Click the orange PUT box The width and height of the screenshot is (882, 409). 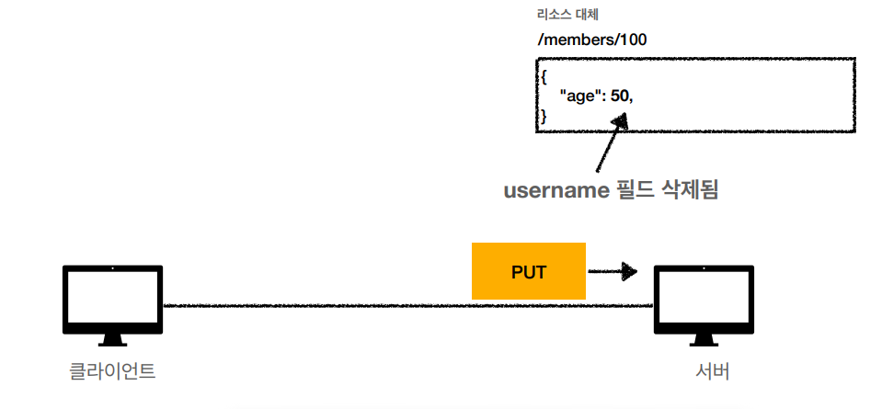point(528,271)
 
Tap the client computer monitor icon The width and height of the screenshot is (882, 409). point(112,301)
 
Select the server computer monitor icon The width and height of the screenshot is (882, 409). point(703,301)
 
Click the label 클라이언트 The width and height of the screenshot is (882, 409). point(112,371)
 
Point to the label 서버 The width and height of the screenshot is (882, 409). point(713,371)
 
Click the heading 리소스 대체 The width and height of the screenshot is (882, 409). point(563,16)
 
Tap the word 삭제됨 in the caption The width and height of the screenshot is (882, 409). point(690,191)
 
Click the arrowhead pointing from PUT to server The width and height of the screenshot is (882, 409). point(629,271)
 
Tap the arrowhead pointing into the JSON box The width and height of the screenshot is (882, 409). point(623,119)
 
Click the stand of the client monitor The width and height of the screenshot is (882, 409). point(112,340)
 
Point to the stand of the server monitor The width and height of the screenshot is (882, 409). point(703,340)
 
